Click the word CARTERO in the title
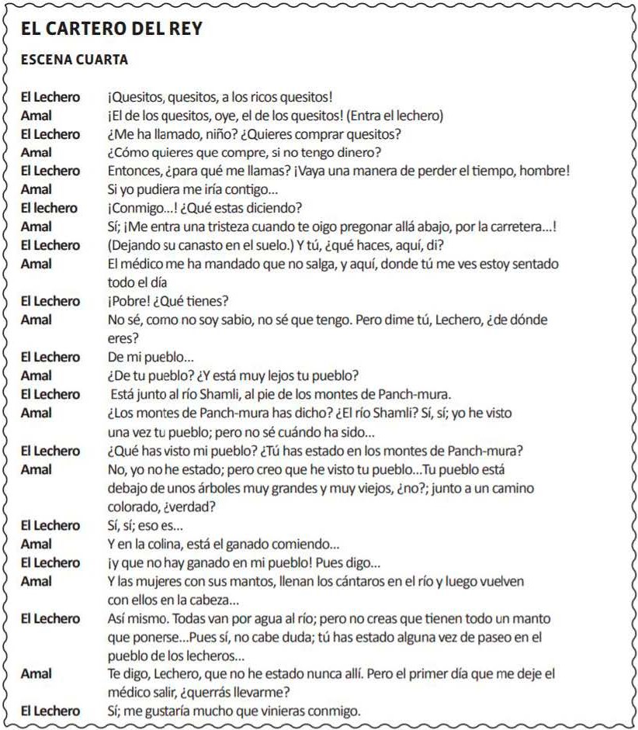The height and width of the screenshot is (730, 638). [84, 29]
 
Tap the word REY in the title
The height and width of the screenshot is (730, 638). [186, 29]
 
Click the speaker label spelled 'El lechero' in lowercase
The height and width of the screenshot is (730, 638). [49, 208]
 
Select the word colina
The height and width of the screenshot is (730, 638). [164, 544]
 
